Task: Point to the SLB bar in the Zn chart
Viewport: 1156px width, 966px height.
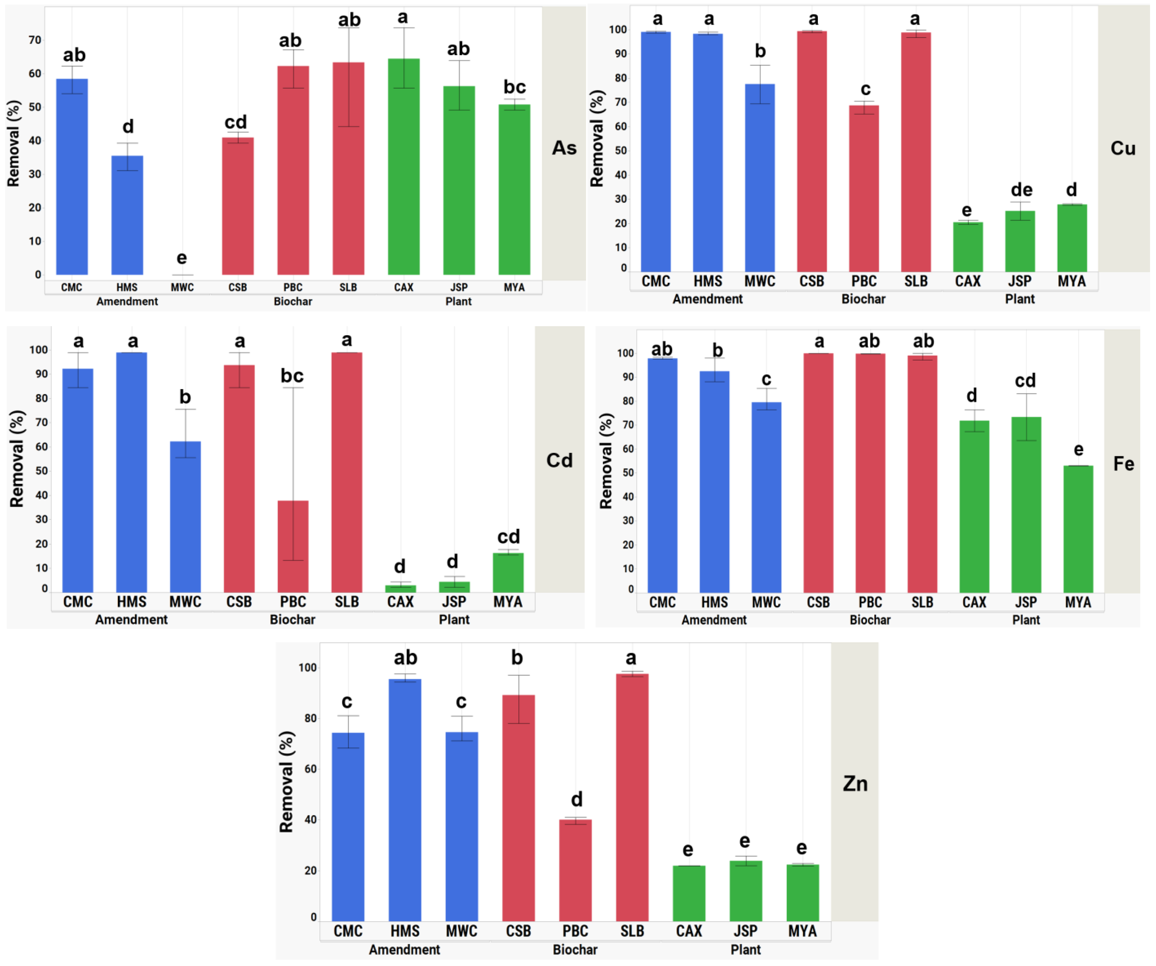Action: tap(632, 798)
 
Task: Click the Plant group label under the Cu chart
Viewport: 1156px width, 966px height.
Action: tap(1020, 299)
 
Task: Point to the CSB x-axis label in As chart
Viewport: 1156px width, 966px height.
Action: tap(238, 287)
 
